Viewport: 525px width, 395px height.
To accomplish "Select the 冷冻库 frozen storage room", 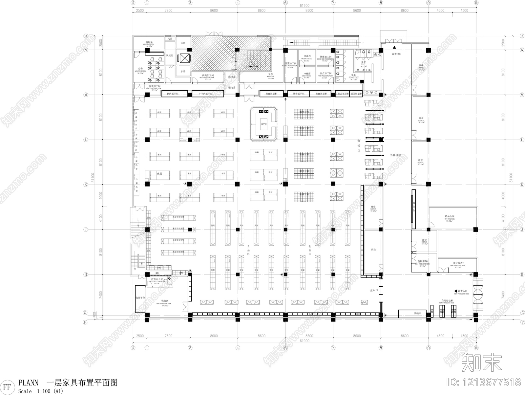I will pyautogui.click(x=307, y=56).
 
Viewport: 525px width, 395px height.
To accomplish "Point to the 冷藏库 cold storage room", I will pyautogui.click(x=307, y=74).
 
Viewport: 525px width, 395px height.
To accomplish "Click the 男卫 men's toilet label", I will pyautogui.click(x=364, y=62).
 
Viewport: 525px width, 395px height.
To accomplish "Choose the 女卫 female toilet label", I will pyautogui.click(x=353, y=75).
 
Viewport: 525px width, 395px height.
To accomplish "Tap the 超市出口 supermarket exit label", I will pyautogui.click(x=397, y=54).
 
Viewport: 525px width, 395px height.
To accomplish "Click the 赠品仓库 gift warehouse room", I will pyautogui.click(x=449, y=216).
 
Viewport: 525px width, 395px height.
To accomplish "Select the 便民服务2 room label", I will pyautogui.click(x=458, y=263).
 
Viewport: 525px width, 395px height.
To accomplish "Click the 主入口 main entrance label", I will pyautogui.click(x=374, y=290).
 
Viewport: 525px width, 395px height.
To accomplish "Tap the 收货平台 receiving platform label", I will pyautogui.click(x=140, y=297).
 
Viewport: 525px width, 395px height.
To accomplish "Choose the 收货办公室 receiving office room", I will pyautogui.click(x=157, y=279).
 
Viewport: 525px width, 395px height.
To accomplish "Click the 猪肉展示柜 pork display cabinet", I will pyautogui.click(x=174, y=94).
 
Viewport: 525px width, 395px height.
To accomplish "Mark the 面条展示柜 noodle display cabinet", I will pyautogui.click(x=356, y=94).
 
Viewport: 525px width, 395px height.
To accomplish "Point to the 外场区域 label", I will pyautogui.click(x=395, y=155).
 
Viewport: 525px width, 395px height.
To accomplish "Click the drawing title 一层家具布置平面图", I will pyautogui.click(x=82, y=383).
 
